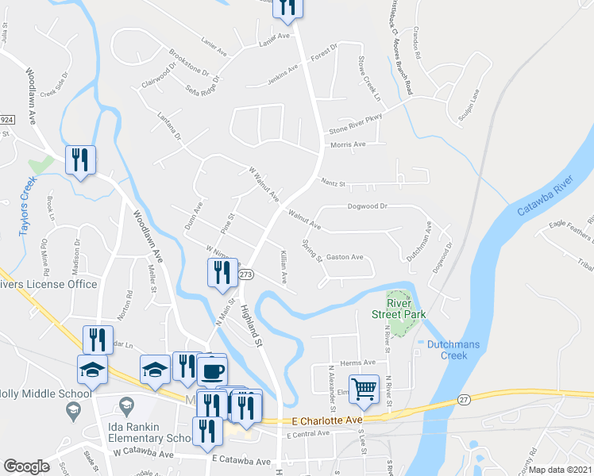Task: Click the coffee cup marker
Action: point(212,370)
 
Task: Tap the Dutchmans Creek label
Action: point(457,350)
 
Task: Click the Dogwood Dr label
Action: point(367,205)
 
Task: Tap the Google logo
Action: point(26,466)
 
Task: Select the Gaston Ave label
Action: point(345,257)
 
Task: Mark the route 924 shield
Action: point(7,119)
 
